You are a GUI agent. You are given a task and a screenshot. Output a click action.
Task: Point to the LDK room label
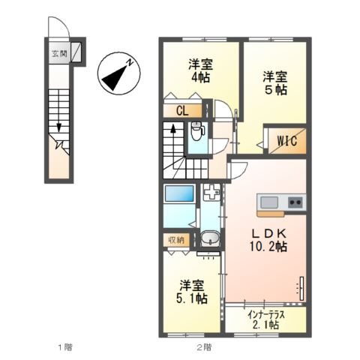pos(266,231)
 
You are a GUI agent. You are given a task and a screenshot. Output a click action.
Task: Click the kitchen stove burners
pos(295,201)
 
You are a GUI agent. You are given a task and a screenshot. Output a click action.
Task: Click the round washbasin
pos(211,240)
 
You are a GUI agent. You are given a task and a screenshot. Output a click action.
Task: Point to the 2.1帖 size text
pos(266,325)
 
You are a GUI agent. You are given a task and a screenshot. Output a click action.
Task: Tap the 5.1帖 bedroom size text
pos(193,298)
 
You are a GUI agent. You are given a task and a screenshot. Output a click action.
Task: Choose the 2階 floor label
pos(204,347)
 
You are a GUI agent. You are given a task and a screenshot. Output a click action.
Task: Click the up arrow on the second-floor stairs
pos(174,129)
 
